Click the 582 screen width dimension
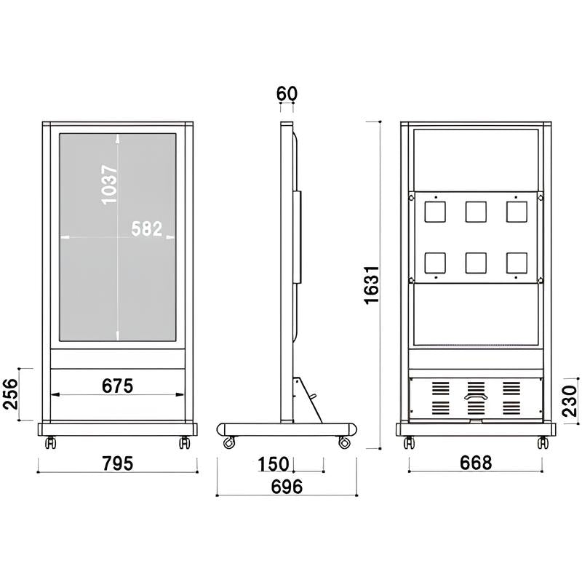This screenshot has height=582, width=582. [x=146, y=228]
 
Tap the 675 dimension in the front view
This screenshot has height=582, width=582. [x=117, y=386]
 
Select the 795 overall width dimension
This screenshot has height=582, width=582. [x=117, y=463]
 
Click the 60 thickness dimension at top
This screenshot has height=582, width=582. [x=287, y=94]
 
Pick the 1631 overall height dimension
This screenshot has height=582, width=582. [x=372, y=284]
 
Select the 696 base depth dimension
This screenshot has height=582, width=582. [x=287, y=487]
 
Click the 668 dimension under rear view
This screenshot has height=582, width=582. [x=476, y=462]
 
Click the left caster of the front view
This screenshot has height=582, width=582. [x=50, y=442]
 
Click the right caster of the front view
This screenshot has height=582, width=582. [x=184, y=442]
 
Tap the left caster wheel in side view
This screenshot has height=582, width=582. [x=229, y=442]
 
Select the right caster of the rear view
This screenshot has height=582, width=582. [x=542, y=442]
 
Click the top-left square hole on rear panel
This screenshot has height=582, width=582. [x=434, y=212]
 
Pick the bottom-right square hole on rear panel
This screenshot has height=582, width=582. [x=517, y=263]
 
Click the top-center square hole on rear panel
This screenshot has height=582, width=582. [x=476, y=212]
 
